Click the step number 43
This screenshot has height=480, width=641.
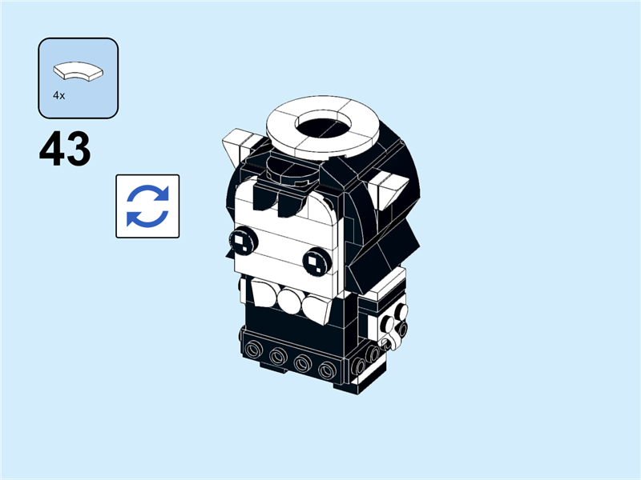(x=65, y=150)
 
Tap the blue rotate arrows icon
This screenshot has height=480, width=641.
(x=147, y=206)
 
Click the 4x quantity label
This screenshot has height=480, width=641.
(x=58, y=95)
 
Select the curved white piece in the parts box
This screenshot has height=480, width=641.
(x=79, y=72)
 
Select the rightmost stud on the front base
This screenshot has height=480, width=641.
(x=326, y=370)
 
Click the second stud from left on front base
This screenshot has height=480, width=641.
(x=278, y=356)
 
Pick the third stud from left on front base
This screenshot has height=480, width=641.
(x=302, y=363)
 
